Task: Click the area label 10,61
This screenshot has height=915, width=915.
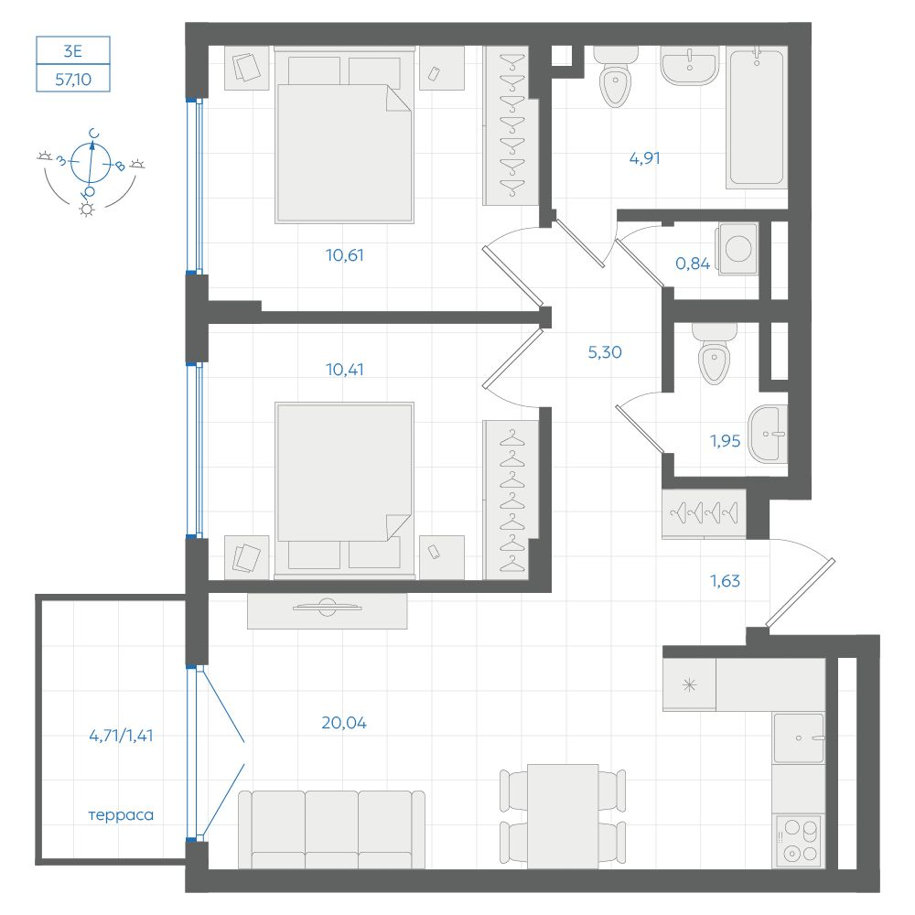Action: tap(344, 255)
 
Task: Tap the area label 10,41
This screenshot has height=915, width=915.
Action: tap(344, 370)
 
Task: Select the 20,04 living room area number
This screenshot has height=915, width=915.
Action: tap(344, 723)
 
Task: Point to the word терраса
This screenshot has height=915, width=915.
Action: tap(121, 815)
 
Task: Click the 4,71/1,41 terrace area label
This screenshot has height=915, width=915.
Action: tap(121, 736)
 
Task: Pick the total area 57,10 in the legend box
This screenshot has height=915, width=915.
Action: tap(73, 79)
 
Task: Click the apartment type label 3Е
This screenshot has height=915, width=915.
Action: tap(73, 51)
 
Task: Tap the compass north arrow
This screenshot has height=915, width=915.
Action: tap(91, 162)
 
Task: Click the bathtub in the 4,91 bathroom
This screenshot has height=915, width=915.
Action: tap(757, 118)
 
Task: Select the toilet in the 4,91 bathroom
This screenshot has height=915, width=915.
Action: tap(615, 78)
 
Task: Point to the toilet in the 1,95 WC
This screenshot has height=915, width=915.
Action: tap(715, 353)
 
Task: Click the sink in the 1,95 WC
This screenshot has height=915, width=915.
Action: tap(768, 434)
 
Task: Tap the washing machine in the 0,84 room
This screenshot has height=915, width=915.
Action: tap(738, 249)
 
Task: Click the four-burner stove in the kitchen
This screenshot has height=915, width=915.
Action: tap(798, 841)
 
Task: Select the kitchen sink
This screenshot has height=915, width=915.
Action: tap(798, 738)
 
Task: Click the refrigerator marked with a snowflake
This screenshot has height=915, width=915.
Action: tap(689, 684)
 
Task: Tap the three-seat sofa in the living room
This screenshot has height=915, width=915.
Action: tap(331, 829)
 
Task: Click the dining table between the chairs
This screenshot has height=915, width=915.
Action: tap(563, 816)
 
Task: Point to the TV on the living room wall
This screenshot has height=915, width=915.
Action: tap(327, 608)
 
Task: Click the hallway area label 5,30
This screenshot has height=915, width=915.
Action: tap(605, 352)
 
